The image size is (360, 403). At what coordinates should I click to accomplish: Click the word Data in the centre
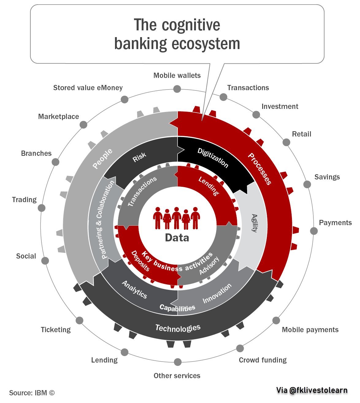pyautogui.click(x=177, y=238)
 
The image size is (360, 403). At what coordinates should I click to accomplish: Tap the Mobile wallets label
pyautogui.click(x=177, y=75)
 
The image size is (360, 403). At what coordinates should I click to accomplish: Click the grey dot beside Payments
pyautogui.click(x=314, y=231)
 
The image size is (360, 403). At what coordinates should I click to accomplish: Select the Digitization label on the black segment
pyautogui.click(x=213, y=158)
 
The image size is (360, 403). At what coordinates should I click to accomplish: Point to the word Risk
pyautogui.click(x=139, y=157)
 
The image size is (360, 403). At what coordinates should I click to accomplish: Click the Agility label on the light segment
pyautogui.click(x=254, y=223)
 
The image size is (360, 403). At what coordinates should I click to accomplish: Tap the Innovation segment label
pyautogui.click(x=217, y=294)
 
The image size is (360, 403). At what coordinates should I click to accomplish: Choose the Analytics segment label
pyautogui.click(x=135, y=289)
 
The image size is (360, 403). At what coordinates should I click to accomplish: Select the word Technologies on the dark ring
pyautogui.click(x=178, y=328)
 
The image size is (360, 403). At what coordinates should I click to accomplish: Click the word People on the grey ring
pyautogui.click(x=102, y=159)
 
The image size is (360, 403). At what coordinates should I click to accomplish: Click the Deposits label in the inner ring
pyautogui.click(x=140, y=261)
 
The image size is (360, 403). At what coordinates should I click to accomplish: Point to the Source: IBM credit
pyautogui.click(x=32, y=393)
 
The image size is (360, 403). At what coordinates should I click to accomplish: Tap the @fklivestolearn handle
pyautogui.click(x=312, y=390)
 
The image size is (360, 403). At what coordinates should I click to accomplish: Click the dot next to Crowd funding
pyautogui.click(x=240, y=348)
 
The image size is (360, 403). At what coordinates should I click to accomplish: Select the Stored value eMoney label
pyautogui.click(x=88, y=88)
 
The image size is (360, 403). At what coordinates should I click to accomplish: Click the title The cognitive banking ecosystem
pyautogui.click(x=177, y=34)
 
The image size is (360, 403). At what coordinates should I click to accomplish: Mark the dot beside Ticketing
pyautogui.click(x=79, y=320)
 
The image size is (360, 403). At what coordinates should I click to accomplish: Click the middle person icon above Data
pyautogui.click(x=176, y=218)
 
